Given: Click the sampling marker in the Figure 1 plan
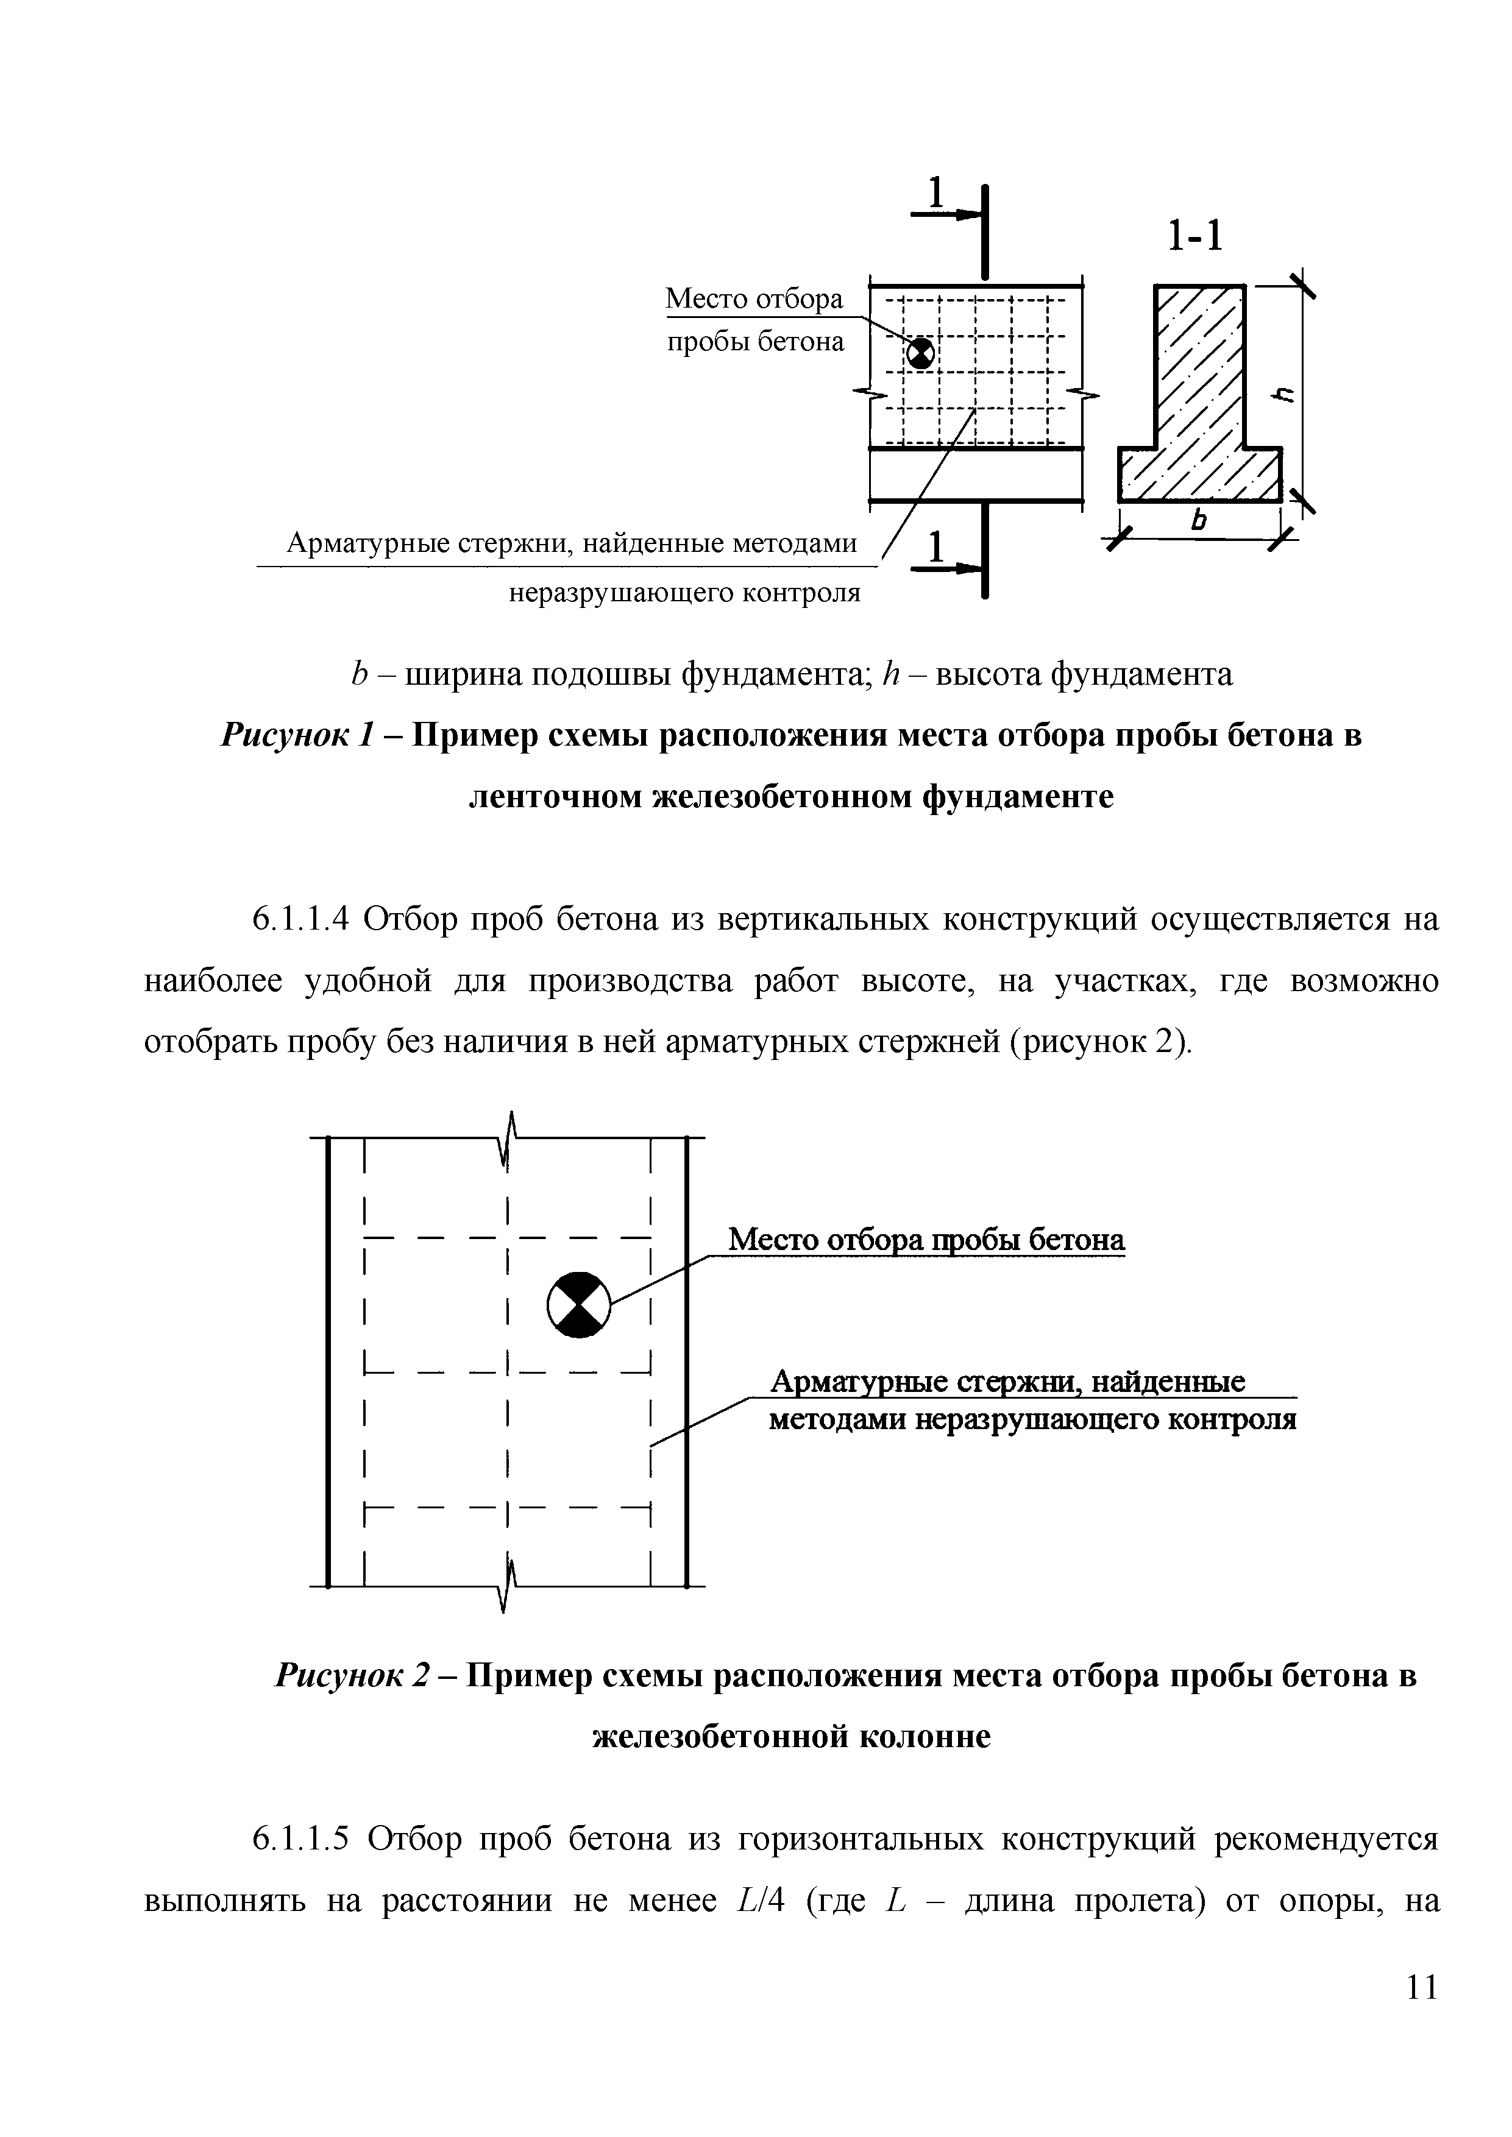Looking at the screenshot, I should coord(920,353).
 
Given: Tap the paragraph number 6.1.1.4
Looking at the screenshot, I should coord(300,920).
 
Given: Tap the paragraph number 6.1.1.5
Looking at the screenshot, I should coord(300,1840).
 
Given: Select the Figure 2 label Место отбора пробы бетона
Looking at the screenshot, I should coord(926,1240).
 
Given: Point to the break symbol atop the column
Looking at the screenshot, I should coord(508,1137).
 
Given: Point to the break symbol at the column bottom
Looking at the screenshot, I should coord(508,1585).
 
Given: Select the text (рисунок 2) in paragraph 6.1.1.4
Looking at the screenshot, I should coord(1101,1042).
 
